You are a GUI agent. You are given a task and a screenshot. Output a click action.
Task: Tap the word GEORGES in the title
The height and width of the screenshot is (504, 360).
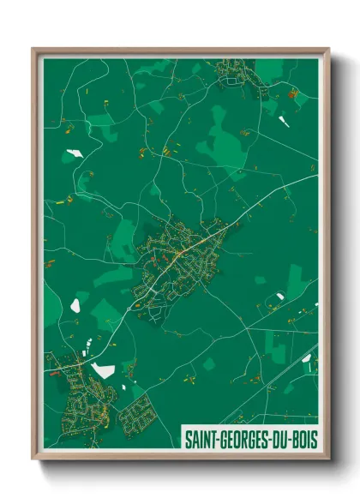point(240,439)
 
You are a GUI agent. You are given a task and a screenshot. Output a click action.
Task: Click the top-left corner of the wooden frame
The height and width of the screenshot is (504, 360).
point(33,49)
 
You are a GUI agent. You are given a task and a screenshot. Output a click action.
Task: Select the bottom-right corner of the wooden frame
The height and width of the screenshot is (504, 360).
point(328,459)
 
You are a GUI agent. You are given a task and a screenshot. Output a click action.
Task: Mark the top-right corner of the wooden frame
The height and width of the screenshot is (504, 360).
point(328,49)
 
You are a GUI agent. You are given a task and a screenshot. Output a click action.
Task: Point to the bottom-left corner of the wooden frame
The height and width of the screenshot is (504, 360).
point(33,459)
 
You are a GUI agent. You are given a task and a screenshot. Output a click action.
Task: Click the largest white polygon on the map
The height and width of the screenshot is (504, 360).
point(103,370)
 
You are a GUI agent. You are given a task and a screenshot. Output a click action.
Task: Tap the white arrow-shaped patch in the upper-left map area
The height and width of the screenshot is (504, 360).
point(72,154)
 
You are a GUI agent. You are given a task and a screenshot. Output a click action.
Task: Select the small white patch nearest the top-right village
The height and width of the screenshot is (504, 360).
point(284,121)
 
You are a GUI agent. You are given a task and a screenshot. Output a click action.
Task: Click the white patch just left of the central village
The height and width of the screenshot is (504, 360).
point(75,303)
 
